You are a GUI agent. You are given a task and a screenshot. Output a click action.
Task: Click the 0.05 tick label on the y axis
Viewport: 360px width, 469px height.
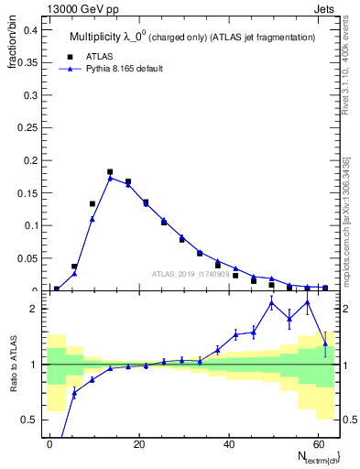(27, 257)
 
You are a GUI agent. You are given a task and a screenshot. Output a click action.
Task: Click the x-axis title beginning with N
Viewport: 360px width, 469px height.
(311, 456)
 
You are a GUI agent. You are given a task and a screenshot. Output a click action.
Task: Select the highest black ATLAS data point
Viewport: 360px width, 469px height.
(110, 171)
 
